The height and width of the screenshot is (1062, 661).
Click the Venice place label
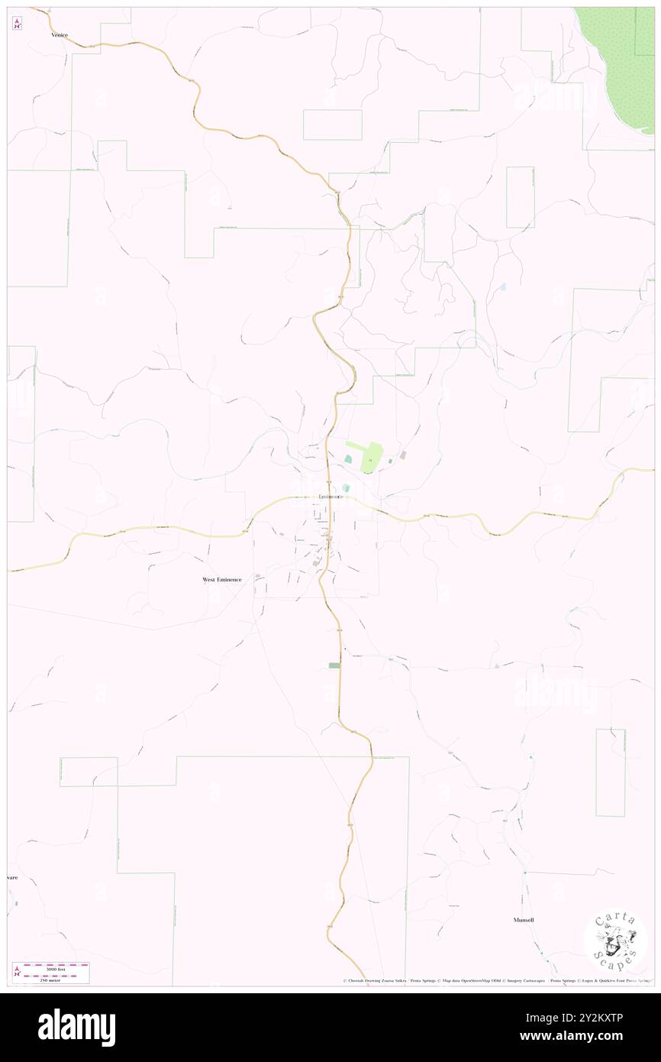60,34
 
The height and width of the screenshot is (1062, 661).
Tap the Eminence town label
330,497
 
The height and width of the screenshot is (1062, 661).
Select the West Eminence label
222,579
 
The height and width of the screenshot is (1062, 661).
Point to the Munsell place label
523,920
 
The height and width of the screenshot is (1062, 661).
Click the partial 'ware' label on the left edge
12,877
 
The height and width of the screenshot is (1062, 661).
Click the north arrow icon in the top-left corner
17,23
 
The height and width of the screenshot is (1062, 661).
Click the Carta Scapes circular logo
615,942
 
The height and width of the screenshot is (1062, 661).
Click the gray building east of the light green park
403,455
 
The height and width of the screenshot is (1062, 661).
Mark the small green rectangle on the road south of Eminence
334,665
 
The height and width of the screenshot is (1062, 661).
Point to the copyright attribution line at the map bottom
496,981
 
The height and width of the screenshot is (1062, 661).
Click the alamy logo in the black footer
76,1028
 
